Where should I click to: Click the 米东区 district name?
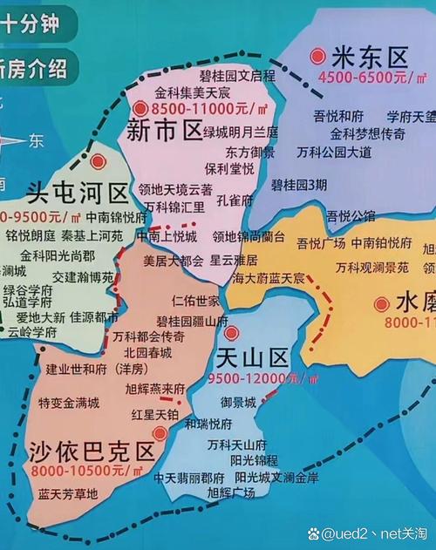point(370,58)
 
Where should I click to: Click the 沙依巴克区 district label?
point(92,452)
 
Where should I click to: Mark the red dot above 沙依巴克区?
point(159,432)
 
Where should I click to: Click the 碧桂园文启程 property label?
point(237,76)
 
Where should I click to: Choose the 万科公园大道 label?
point(333,152)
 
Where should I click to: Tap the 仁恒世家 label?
point(195,301)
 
